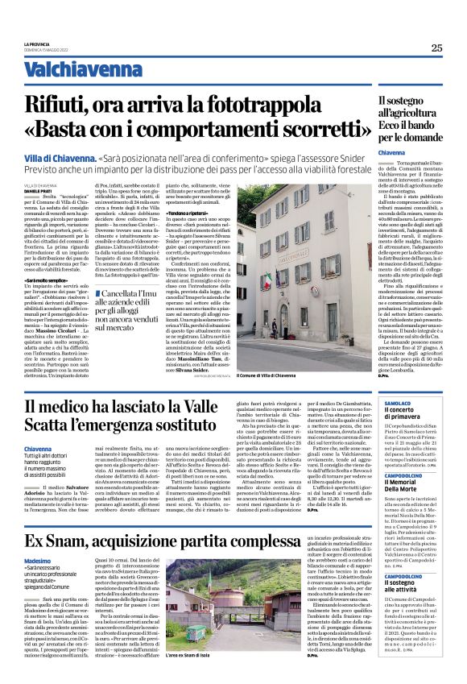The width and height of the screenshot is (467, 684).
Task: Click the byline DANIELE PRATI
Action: click(37, 190)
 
